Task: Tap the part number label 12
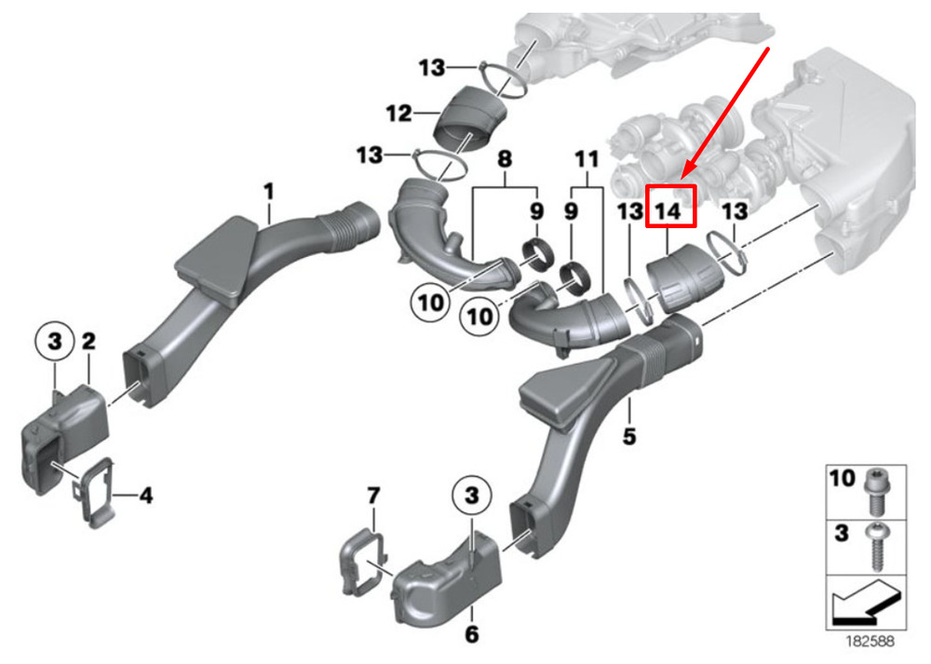pyautogui.click(x=398, y=113)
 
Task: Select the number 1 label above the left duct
pyautogui.click(x=269, y=191)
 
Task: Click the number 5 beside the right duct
pyautogui.click(x=628, y=437)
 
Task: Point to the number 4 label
pyautogui.click(x=146, y=495)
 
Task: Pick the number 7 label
pyautogui.click(x=373, y=495)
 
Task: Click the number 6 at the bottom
pyautogui.click(x=471, y=633)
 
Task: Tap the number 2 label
pyautogui.click(x=88, y=341)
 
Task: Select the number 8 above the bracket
pyautogui.click(x=504, y=158)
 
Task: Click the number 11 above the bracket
pyautogui.click(x=587, y=158)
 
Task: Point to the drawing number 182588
pyautogui.click(x=870, y=641)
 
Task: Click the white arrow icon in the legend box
pyautogui.click(x=866, y=604)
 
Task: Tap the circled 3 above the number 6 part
pyautogui.click(x=471, y=495)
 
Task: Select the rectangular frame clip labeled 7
pyautogui.click(x=363, y=563)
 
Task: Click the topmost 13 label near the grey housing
pyautogui.click(x=432, y=68)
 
